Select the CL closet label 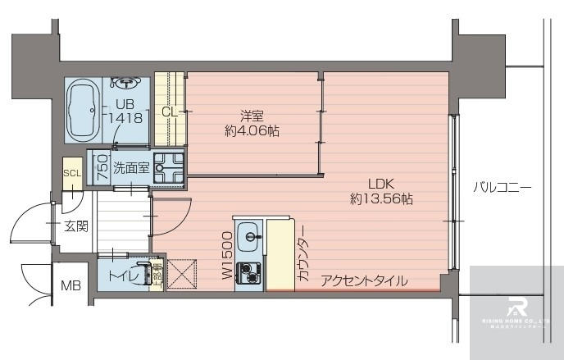170,112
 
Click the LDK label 381,183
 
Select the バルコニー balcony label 503,188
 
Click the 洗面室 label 130,167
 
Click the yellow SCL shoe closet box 72,173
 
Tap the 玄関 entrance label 75,226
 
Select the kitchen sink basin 248,239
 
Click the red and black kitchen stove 248,272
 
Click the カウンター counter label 302,254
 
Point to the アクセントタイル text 364,281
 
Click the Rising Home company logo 517,310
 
